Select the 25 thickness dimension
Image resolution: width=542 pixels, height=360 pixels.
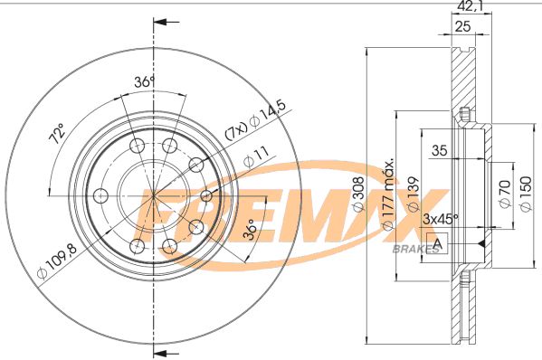point(462,28)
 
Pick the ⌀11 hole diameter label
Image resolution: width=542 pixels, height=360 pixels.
point(252,159)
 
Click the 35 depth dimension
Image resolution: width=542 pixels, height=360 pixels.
point(440,150)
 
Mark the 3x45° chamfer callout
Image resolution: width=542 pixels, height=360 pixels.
point(440,219)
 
